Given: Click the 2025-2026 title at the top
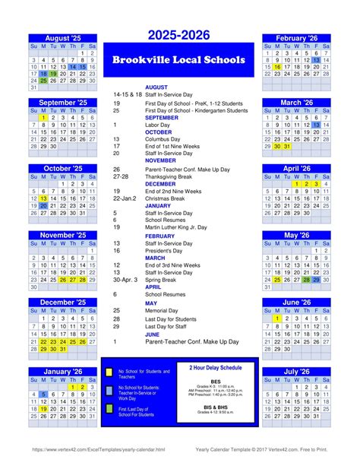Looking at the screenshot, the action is pyautogui.click(x=179, y=35).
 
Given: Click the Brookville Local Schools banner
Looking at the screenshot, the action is pyautogui.click(x=179, y=60).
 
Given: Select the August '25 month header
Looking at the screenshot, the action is pyautogui.click(x=63, y=37).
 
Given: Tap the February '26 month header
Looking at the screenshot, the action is pyautogui.click(x=296, y=37).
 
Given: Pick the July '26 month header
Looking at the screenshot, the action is pyautogui.click(x=296, y=372).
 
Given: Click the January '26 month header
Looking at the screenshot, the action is pyautogui.click(x=63, y=372).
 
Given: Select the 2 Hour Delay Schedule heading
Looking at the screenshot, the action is pyautogui.click(x=216, y=367).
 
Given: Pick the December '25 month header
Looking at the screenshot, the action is pyautogui.click(x=63, y=302).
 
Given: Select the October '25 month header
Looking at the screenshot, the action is pyautogui.click(x=63, y=169).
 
